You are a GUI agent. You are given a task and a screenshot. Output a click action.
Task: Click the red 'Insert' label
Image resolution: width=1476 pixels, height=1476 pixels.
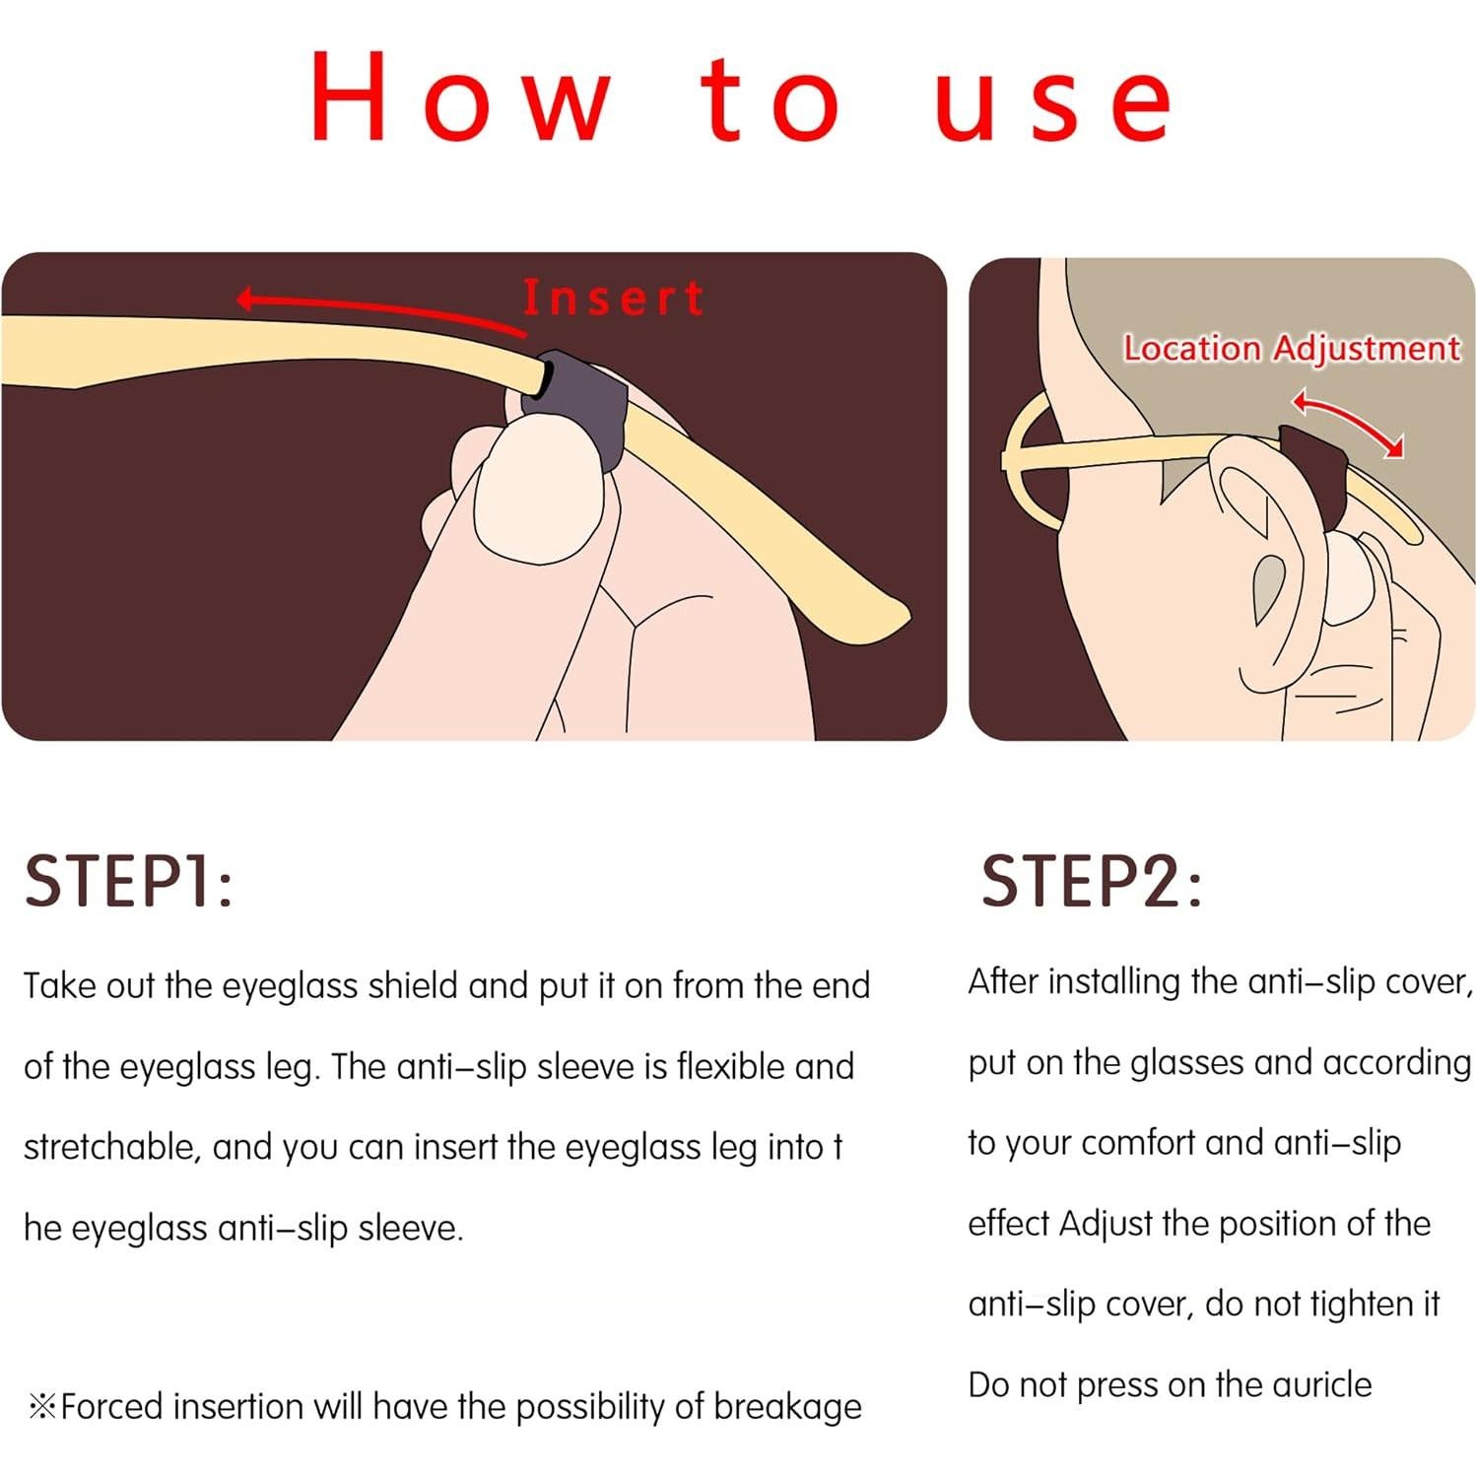point(613,298)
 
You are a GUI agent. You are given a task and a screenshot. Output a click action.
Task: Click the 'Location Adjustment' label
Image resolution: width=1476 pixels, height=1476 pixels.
point(1291,348)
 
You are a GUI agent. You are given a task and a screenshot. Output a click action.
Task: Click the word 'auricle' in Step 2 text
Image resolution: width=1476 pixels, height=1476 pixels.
point(1321,1384)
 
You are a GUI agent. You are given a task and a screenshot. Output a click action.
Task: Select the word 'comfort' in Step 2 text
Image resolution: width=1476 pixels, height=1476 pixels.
point(1135,1143)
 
